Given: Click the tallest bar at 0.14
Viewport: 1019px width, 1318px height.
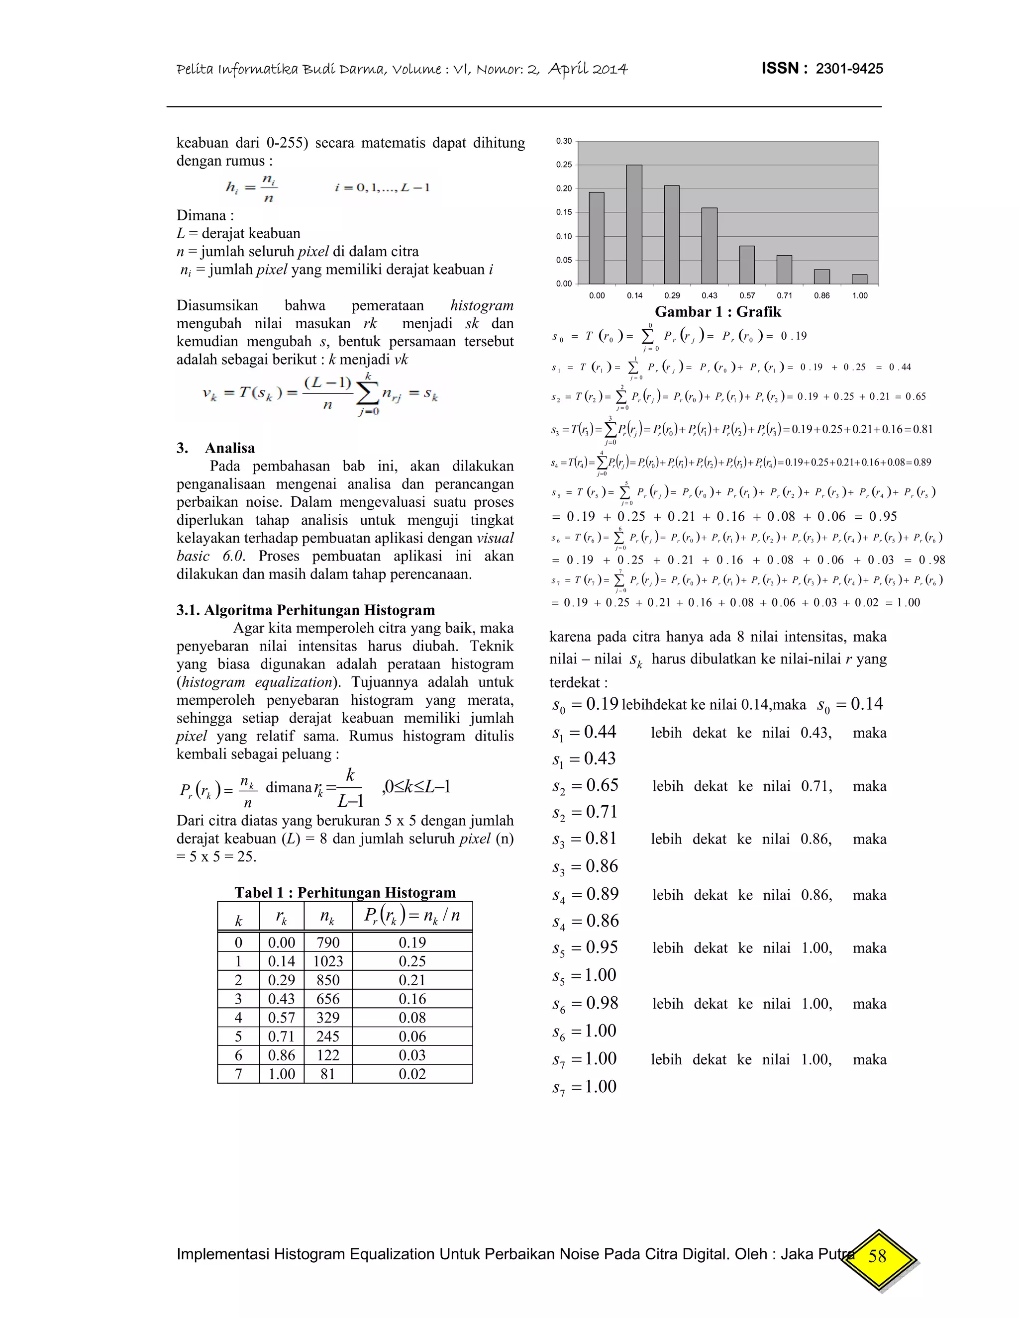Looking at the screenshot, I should (x=634, y=224).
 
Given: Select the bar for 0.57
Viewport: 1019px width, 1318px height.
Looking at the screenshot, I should (x=747, y=265).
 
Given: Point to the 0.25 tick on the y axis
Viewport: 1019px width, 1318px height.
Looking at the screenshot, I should (x=564, y=165).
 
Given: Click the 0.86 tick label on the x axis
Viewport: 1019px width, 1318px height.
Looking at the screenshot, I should (x=821, y=296).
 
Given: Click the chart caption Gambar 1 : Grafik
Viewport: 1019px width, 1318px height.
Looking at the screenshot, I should (x=718, y=312).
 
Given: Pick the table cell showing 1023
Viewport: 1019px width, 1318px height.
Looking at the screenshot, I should (x=328, y=961).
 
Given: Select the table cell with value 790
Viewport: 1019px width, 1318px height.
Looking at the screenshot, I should (x=328, y=942).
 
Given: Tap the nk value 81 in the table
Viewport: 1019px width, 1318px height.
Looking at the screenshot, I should (x=328, y=1074).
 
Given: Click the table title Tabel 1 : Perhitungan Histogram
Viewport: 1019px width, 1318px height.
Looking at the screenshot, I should (x=345, y=893).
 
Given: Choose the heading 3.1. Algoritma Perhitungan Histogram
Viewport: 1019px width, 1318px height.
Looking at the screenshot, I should (x=306, y=610).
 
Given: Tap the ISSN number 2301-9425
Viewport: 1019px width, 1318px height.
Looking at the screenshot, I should (x=849, y=69).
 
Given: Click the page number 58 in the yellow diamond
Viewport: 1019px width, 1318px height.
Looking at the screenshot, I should (x=877, y=1256).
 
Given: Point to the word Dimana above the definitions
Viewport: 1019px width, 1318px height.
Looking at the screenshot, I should (x=201, y=215).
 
